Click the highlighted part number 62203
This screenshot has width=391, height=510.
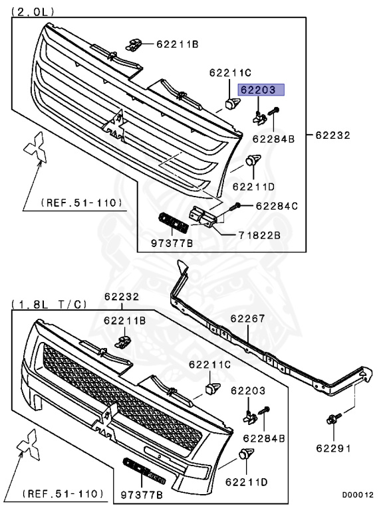tap(261, 90)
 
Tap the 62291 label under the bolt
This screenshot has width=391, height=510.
tap(334, 448)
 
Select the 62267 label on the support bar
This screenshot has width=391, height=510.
tap(248, 319)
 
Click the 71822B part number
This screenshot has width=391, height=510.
tap(259, 235)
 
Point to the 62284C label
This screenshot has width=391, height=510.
tap(277, 206)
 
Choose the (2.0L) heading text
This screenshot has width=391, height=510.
tap(33, 12)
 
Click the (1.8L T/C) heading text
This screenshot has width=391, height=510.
tap(49, 304)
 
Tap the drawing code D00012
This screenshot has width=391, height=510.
tap(358, 495)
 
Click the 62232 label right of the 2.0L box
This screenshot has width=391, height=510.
tap(332, 135)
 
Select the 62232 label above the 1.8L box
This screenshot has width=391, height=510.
tap(122, 297)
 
